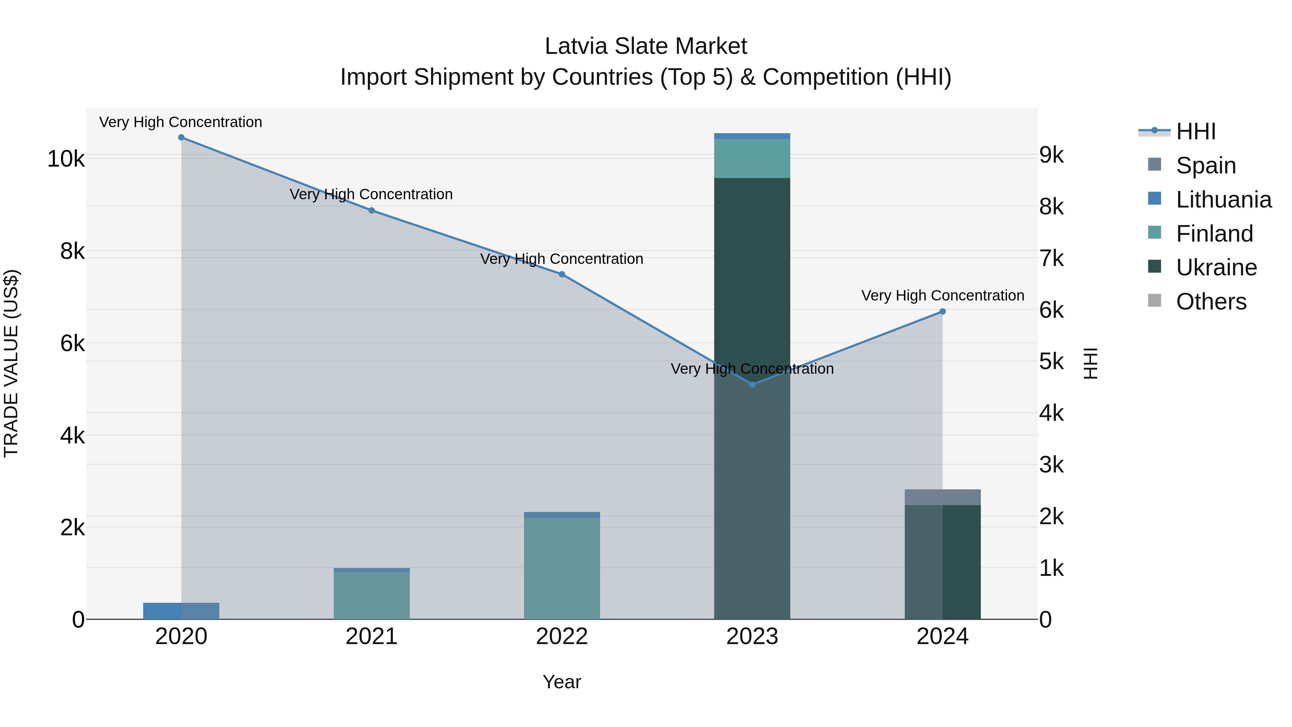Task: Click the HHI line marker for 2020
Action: coord(181,138)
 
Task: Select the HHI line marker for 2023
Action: coord(752,384)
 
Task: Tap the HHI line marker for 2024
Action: coord(942,312)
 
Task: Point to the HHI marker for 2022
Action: coord(562,274)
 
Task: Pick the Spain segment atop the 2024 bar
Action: coord(942,497)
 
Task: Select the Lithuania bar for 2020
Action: coord(181,611)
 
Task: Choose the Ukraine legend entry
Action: coord(1216,267)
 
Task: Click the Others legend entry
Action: coord(1211,302)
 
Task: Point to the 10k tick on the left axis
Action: coord(66,159)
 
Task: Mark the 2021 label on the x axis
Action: coord(371,637)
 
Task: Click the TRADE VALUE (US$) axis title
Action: coord(11,363)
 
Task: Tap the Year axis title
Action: coord(562,682)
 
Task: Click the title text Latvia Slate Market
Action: coord(646,46)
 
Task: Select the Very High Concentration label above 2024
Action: coord(942,295)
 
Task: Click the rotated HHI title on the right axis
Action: coord(1090,363)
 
